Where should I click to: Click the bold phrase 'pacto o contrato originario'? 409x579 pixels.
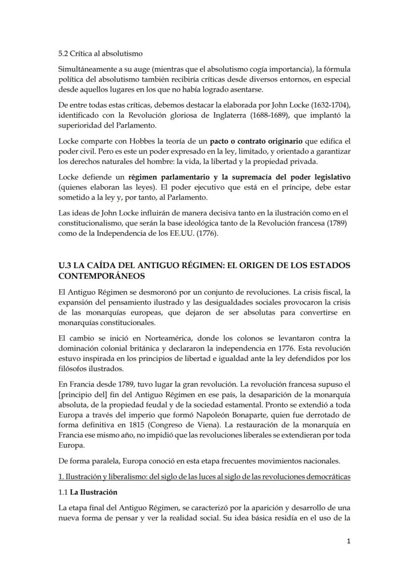click(256, 141)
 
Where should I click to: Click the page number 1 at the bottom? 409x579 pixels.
click(349, 541)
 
